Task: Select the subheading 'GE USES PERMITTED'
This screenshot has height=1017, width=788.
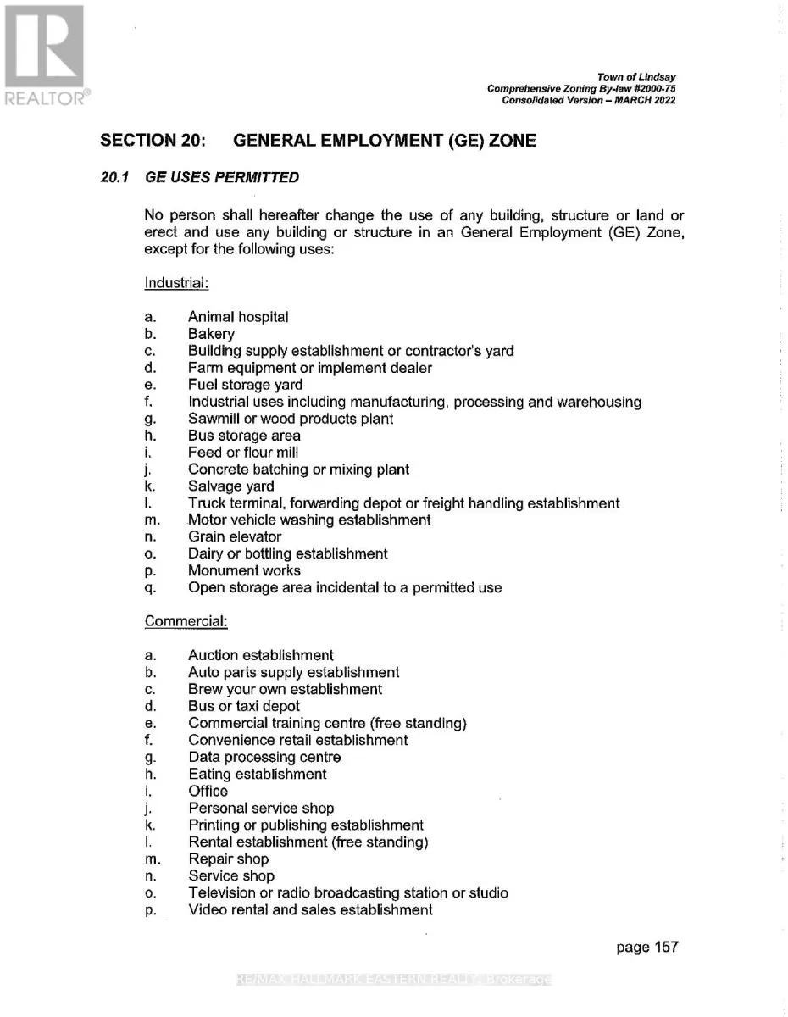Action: [x=222, y=177]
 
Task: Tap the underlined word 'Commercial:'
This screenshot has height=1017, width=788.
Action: [x=186, y=621]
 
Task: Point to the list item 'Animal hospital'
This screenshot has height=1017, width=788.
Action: [x=238, y=317]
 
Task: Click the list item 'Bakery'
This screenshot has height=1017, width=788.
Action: [x=211, y=334]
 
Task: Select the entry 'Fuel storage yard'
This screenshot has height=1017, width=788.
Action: [x=245, y=385]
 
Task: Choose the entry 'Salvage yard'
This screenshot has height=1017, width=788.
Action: [x=230, y=486]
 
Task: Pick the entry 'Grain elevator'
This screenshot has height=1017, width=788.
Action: [x=235, y=536]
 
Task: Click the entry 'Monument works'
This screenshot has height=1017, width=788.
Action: [x=244, y=570]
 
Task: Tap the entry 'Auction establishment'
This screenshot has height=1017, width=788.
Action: [x=260, y=655]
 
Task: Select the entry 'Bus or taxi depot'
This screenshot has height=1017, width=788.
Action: [x=244, y=706]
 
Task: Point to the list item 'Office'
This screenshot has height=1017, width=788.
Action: [x=208, y=791]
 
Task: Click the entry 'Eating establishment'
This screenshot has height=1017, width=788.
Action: [x=257, y=774]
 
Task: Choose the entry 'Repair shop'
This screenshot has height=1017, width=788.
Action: [x=228, y=859]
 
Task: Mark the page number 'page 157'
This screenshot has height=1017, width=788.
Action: [x=647, y=947]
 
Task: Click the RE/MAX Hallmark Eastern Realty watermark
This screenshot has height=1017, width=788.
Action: [x=394, y=980]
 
